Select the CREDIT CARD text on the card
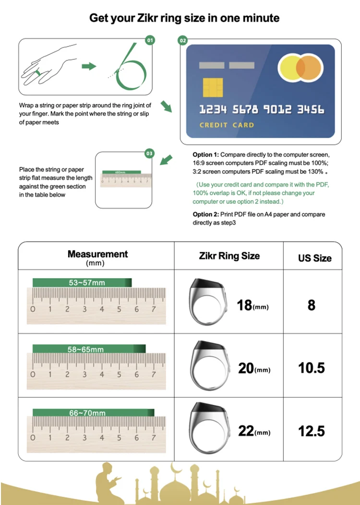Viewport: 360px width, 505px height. [227, 125]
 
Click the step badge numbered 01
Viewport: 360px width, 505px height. [150, 40]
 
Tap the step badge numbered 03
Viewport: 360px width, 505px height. [149, 153]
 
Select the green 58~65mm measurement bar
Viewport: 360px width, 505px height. [89, 348]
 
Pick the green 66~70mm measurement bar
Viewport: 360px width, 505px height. [93, 413]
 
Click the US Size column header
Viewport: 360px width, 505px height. [314, 258]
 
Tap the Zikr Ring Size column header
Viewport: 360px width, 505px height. [229, 256]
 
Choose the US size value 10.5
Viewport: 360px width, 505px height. [311, 368]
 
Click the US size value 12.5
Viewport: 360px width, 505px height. [311, 431]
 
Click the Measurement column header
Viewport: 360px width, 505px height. [97, 254]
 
